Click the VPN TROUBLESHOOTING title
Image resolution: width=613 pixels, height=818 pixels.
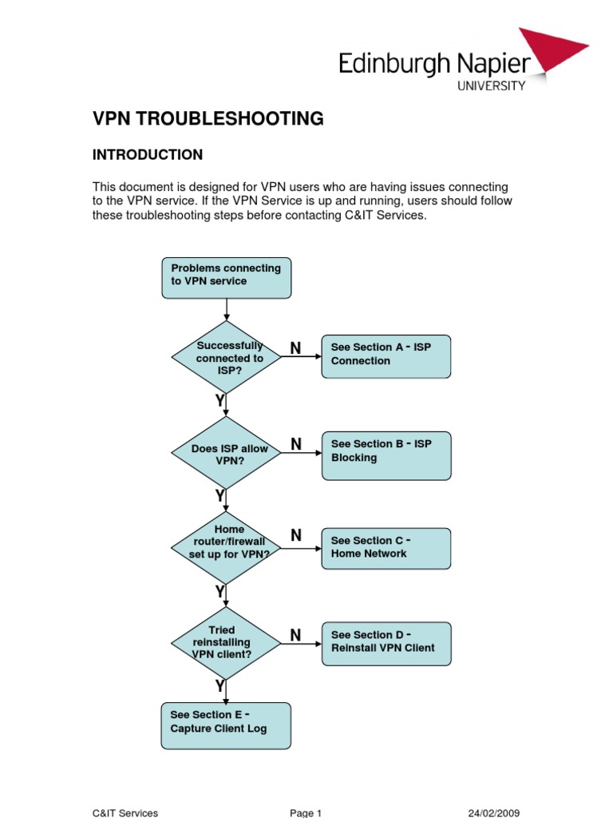tap(208, 119)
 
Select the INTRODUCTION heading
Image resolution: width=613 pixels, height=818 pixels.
tap(148, 154)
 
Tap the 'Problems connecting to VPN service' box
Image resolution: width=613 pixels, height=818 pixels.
tap(227, 277)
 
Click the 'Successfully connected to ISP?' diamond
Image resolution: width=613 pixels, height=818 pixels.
tap(227, 358)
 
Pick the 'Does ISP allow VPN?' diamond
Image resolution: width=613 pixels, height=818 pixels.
tap(227, 453)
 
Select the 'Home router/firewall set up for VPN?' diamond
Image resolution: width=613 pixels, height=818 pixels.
tap(227, 547)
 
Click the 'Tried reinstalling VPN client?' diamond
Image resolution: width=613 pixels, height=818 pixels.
tap(227, 642)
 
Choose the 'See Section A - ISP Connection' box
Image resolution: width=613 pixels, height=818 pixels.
tap(386, 355)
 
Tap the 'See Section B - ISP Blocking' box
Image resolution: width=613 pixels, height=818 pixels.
tap(386, 455)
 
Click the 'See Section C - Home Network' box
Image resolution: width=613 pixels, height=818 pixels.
tap(386, 548)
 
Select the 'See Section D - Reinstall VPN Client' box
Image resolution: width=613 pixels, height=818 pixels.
tap(386, 642)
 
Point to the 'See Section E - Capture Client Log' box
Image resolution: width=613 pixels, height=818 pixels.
tap(227, 725)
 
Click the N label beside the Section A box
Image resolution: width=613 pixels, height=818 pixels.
tap(295, 348)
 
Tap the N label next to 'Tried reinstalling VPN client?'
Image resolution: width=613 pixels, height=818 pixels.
tap(295, 636)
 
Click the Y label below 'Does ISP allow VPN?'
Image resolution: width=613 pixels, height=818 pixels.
tap(219, 497)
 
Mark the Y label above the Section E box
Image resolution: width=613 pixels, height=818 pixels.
tap(219, 686)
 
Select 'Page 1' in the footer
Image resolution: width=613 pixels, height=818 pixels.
tap(306, 813)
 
